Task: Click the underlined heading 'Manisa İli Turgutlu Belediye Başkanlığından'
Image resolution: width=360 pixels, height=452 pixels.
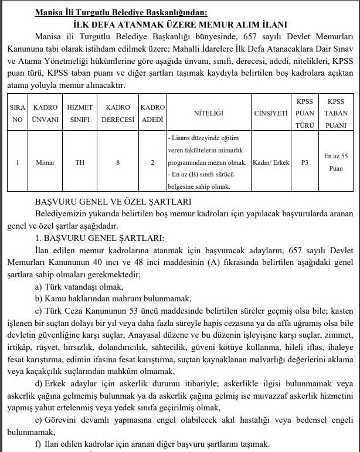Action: coord(179,12)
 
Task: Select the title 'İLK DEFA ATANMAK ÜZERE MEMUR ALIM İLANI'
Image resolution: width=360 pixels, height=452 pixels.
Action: coord(179,25)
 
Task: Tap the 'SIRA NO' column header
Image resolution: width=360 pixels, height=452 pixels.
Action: coord(18,113)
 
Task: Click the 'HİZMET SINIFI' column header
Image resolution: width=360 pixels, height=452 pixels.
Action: coord(79,113)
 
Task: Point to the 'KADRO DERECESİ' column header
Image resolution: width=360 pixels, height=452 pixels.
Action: coord(117,113)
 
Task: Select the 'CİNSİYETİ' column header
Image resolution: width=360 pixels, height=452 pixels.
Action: coord(271,113)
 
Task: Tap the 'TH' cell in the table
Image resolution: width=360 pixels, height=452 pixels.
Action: coord(79,162)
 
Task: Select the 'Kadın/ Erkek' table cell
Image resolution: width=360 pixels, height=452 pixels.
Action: coord(271,162)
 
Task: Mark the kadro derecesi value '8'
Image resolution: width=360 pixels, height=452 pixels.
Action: coord(118,162)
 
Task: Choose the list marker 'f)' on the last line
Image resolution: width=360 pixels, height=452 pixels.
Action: coord(39,443)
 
